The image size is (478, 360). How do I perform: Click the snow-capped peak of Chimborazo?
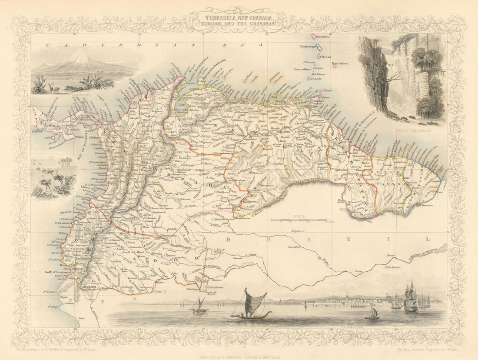coord(81,54)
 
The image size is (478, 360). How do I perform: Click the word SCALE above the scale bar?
coord(299,216)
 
